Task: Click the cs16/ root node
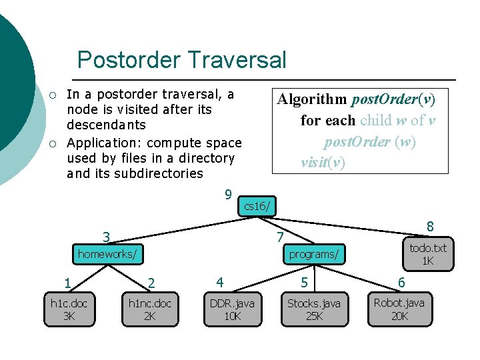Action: point(257,206)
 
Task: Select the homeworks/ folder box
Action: point(108,254)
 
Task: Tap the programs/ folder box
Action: point(313,254)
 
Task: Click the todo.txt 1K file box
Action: point(428,254)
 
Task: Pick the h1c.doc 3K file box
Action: point(69,310)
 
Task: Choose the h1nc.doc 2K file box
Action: point(150,310)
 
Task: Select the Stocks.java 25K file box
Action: point(313,310)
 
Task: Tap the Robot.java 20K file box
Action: point(399,310)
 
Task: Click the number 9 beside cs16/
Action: point(228,195)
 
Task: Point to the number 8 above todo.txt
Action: point(430,227)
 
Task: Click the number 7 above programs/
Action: point(281,237)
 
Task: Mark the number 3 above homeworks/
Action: point(106,237)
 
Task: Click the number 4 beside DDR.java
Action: point(219,282)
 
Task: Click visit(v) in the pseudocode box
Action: point(323,163)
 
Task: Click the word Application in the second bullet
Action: point(104,143)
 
